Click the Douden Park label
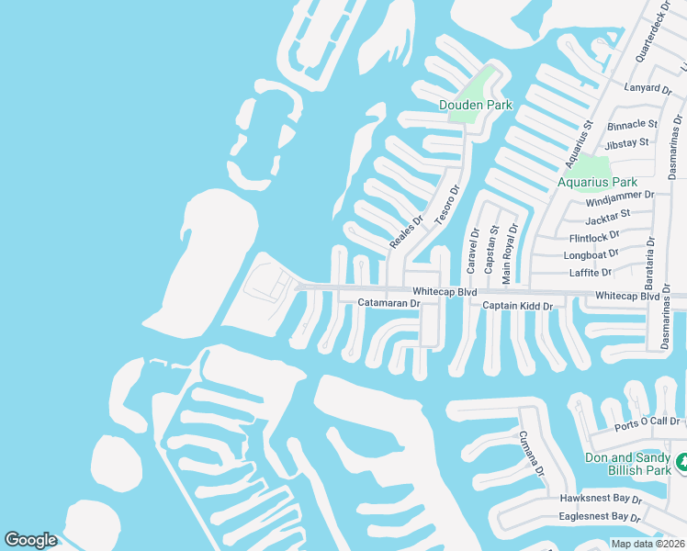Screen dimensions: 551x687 pos(475,105)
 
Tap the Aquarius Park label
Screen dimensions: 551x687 pos(597,182)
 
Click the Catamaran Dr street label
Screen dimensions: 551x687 pos(389,302)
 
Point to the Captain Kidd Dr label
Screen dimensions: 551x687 pos(518,306)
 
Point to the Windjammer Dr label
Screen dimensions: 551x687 pos(620,196)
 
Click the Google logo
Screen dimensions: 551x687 pos(30,540)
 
